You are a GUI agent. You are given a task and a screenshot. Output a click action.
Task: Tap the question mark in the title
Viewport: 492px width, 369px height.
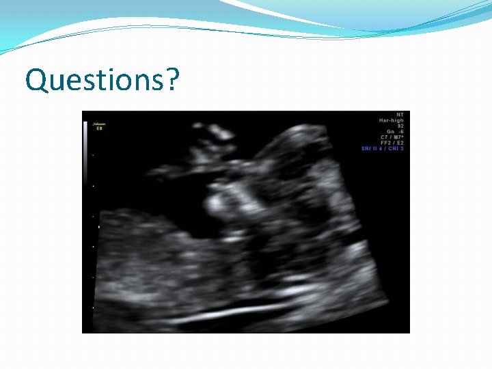[173, 79]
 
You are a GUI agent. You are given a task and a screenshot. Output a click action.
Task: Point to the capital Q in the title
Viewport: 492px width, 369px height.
[36, 80]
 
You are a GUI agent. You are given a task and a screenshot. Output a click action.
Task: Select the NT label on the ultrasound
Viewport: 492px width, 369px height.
[400, 114]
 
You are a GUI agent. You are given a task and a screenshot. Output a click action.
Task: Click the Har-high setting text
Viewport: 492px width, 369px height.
[392, 120]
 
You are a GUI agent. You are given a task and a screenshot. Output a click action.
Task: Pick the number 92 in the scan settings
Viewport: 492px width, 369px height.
[400, 126]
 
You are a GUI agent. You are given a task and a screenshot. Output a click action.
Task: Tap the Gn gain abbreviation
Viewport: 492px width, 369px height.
[391, 132]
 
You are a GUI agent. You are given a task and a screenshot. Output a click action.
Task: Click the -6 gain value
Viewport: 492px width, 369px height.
[401, 132]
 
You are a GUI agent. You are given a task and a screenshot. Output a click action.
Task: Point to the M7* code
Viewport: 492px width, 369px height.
[398, 137]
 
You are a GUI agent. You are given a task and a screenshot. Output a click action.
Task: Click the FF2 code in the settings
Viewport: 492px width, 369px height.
[385, 143]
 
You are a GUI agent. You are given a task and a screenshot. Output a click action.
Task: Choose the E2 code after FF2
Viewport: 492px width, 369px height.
[400, 143]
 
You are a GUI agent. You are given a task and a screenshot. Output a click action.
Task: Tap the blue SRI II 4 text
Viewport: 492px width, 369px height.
[372, 148]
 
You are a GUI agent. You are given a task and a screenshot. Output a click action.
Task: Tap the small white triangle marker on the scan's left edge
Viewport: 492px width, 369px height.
[100, 225]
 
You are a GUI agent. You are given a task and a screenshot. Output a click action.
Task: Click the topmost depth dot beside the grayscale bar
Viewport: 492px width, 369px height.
[92, 155]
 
